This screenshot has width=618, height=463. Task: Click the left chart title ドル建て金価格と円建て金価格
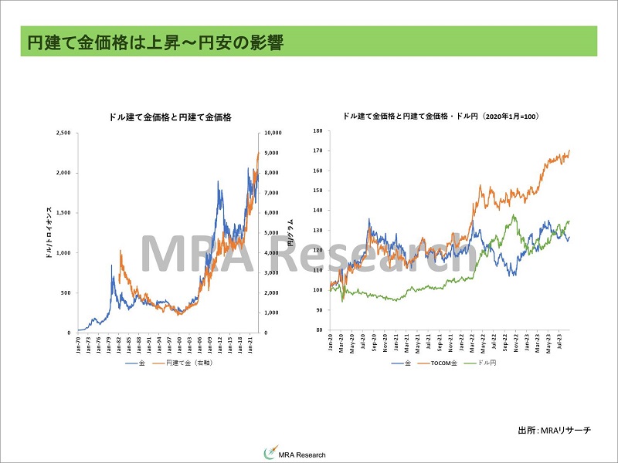(170, 117)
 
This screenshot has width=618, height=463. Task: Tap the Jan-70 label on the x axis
(80, 344)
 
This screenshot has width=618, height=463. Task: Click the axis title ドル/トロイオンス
(49, 232)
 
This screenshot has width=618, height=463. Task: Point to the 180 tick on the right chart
(318, 131)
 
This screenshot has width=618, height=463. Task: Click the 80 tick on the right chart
(319, 330)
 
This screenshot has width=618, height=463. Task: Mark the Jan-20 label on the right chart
(331, 343)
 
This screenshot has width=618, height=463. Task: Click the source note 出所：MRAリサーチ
(554, 430)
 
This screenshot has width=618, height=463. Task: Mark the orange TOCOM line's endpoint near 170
(569, 150)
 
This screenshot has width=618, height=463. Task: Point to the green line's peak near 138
(514, 215)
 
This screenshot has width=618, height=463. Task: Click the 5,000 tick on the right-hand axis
(274, 232)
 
